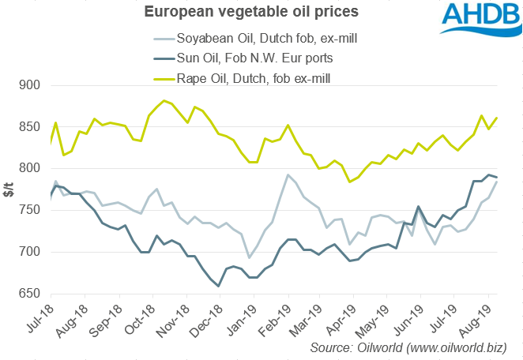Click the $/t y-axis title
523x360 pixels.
tap(9, 189)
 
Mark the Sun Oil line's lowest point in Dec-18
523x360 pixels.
tap(220, 287)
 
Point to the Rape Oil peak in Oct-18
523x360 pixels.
tap(164, 100)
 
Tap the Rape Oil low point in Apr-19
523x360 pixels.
tap(348, 182)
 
